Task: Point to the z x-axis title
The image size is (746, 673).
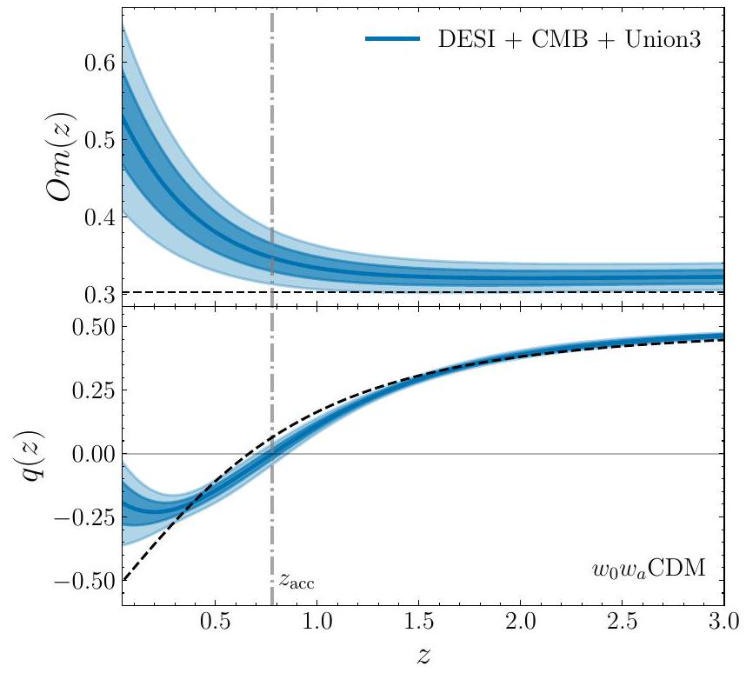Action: (423, 657)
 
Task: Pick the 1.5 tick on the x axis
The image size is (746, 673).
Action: (418, 624)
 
